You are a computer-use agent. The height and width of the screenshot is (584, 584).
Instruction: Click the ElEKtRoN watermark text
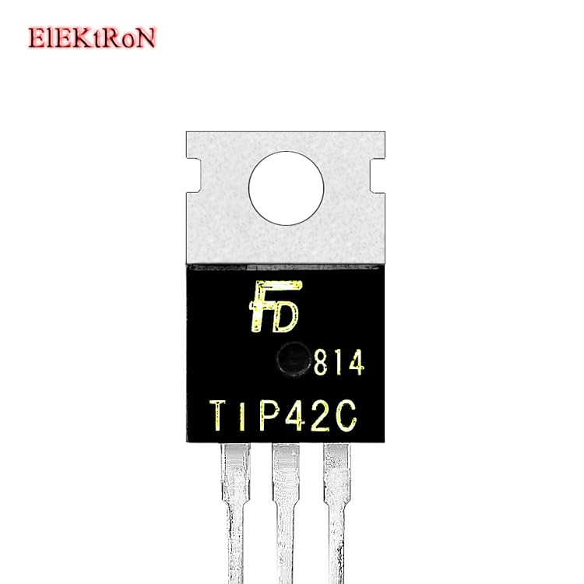click(x=92, y=37)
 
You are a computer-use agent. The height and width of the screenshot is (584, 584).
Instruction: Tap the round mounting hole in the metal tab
click(x=286, y=188)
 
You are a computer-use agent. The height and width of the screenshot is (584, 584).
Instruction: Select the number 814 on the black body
click(x=339, y=364)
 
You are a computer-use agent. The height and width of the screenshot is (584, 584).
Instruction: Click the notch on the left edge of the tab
click(x=192, y=165)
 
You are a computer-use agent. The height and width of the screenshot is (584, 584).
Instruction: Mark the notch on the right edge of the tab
click(x=379, y=165)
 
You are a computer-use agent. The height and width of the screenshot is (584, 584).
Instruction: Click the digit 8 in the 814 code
click(x=322, y=364)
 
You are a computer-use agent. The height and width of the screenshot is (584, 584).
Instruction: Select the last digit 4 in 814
click(x=355, y=364)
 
